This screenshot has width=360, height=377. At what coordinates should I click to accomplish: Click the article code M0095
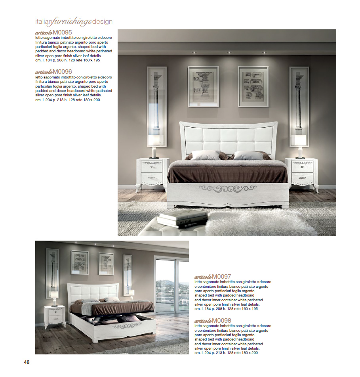[62, 32]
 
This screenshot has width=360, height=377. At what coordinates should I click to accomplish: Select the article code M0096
[62, 72]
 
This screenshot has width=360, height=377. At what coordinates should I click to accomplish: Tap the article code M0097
[221, 276]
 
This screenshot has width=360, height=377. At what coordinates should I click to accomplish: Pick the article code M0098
[221, 320]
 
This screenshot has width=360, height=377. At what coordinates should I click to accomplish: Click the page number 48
[27, 362]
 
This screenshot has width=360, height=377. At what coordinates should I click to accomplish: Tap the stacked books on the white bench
[183, 218]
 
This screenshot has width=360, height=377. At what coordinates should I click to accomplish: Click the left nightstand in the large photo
[153, 174]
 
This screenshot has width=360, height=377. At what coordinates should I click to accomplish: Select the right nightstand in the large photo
[301, 174]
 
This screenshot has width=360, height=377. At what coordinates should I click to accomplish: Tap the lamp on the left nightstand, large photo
[154, 145]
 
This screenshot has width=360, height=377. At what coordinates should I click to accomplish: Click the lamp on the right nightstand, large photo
[300, 145]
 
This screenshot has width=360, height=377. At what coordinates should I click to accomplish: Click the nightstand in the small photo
[55, 316]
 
